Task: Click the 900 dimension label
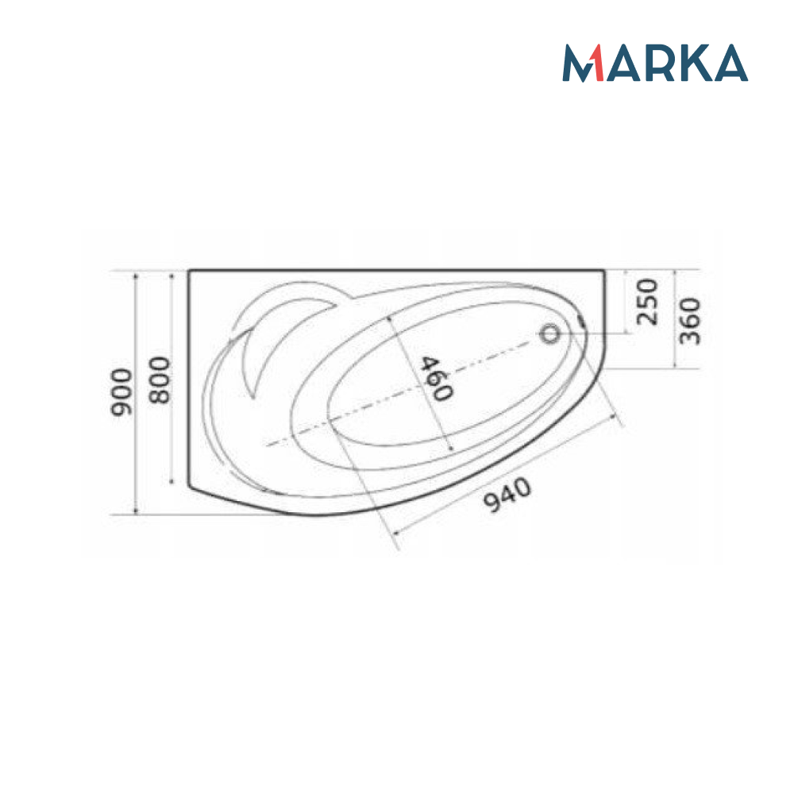[x=121, y=392]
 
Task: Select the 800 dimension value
[x=160, y=380]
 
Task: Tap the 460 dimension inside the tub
[x=436, y=379]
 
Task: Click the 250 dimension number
[x=647, y=302]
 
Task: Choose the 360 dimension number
[x=690, y=321]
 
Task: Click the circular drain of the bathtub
[x=549, y=333]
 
